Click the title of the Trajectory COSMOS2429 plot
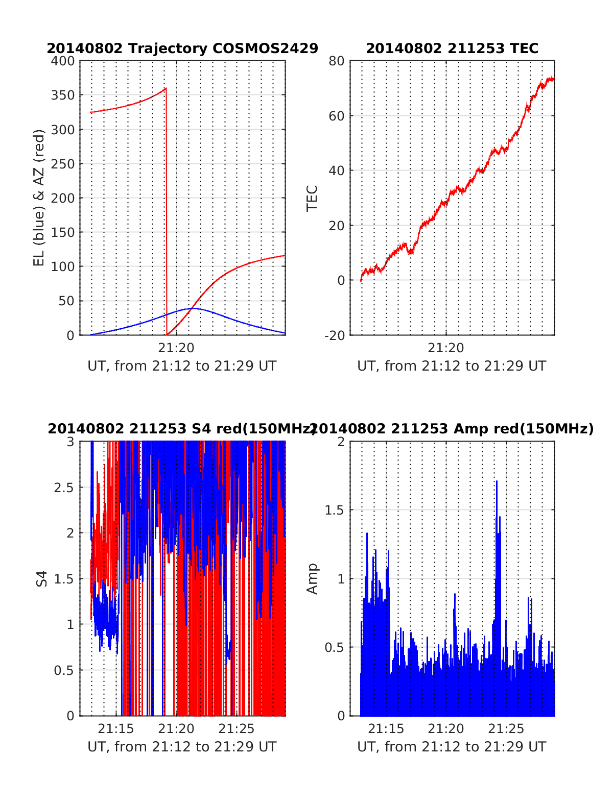pyautogui.click(x=182, y=48)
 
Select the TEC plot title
pyautogui.click(x=452, y=48)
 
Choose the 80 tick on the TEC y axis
pyautogui.click(x=337, y=61)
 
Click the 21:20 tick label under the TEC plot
pyautogui.click(x=445, y=348)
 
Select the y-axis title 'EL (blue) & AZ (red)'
pyautogui.click(x=39, y=198)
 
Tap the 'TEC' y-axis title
pyautogui.click(x=312, y=198)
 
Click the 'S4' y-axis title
pyautogui.click(x=42, y=579)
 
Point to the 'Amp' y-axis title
pyautogui.click(x=312, y=579)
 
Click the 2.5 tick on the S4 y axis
pyautogui.click(x=64, y=488)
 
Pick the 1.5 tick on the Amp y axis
pyautogui.click(x=335, y=510)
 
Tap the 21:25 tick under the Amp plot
pyautogui.click(x=506, y=729)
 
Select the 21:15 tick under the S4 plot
pyautogui.click(x=116, y=729)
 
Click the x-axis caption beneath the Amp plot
pyautogui.click(x=452, y=747)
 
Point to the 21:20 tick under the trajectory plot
pyautogui.click(x=176, y=348)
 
